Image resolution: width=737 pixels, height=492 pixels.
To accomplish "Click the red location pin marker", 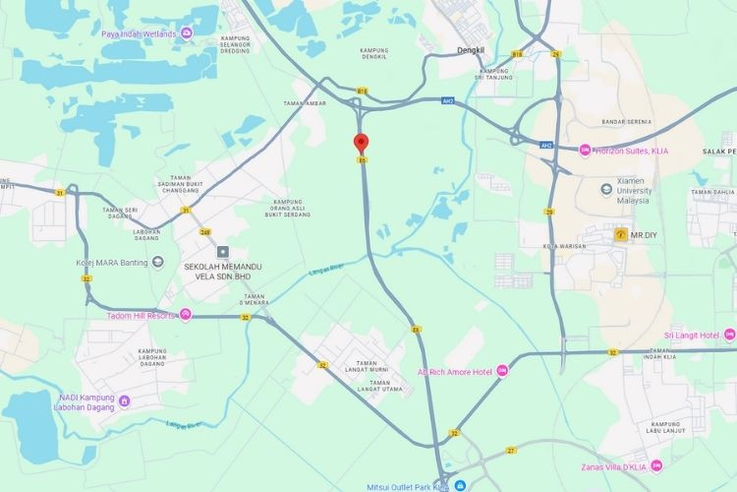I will pyautogui.click(x=361, y=143).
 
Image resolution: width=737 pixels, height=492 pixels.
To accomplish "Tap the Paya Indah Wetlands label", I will pyautogui.click(x=139, y=34).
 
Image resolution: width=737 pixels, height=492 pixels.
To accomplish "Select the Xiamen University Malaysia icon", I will pyautogui.click(x=607, y=188).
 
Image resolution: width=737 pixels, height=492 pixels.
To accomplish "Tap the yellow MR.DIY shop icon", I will pyautogui.click(x=620, y=235).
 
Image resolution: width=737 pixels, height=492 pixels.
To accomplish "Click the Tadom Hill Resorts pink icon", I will pyautogui.click(x=186, y=315).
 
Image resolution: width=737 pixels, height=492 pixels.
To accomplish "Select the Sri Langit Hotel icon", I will pyautogui.click(x=729, y=336).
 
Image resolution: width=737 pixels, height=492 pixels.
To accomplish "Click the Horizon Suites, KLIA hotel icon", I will pyautogui.click(x=585, y=150).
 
